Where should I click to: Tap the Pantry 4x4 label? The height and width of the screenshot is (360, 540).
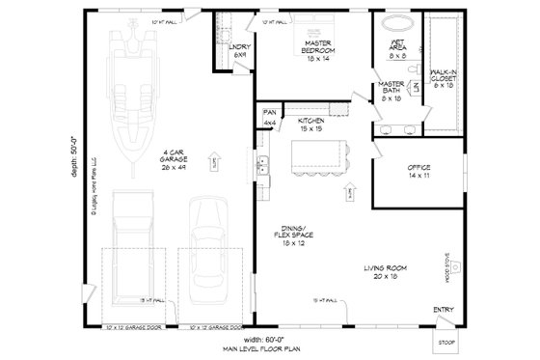coord(271,120)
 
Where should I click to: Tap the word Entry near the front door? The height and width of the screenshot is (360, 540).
coord(443,310)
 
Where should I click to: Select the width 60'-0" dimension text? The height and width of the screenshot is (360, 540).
coord(278,342)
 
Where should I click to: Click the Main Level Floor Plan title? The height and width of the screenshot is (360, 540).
coord(278,351)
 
